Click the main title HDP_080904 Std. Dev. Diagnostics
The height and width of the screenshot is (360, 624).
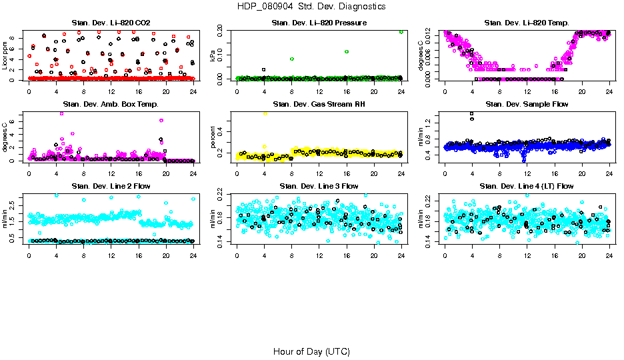311,7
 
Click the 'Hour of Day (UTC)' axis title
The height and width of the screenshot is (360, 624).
311,351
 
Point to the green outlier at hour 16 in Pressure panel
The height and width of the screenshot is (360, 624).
347,51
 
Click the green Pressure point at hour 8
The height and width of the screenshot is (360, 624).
292,59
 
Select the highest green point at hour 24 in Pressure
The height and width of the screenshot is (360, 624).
401,31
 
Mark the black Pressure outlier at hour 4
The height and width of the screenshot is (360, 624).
264,69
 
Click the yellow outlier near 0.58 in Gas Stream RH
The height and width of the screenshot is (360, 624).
265,114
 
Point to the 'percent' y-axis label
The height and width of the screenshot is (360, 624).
213,137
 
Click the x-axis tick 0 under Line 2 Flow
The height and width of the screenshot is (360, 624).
29,257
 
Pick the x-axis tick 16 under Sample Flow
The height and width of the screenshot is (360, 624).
555,175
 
